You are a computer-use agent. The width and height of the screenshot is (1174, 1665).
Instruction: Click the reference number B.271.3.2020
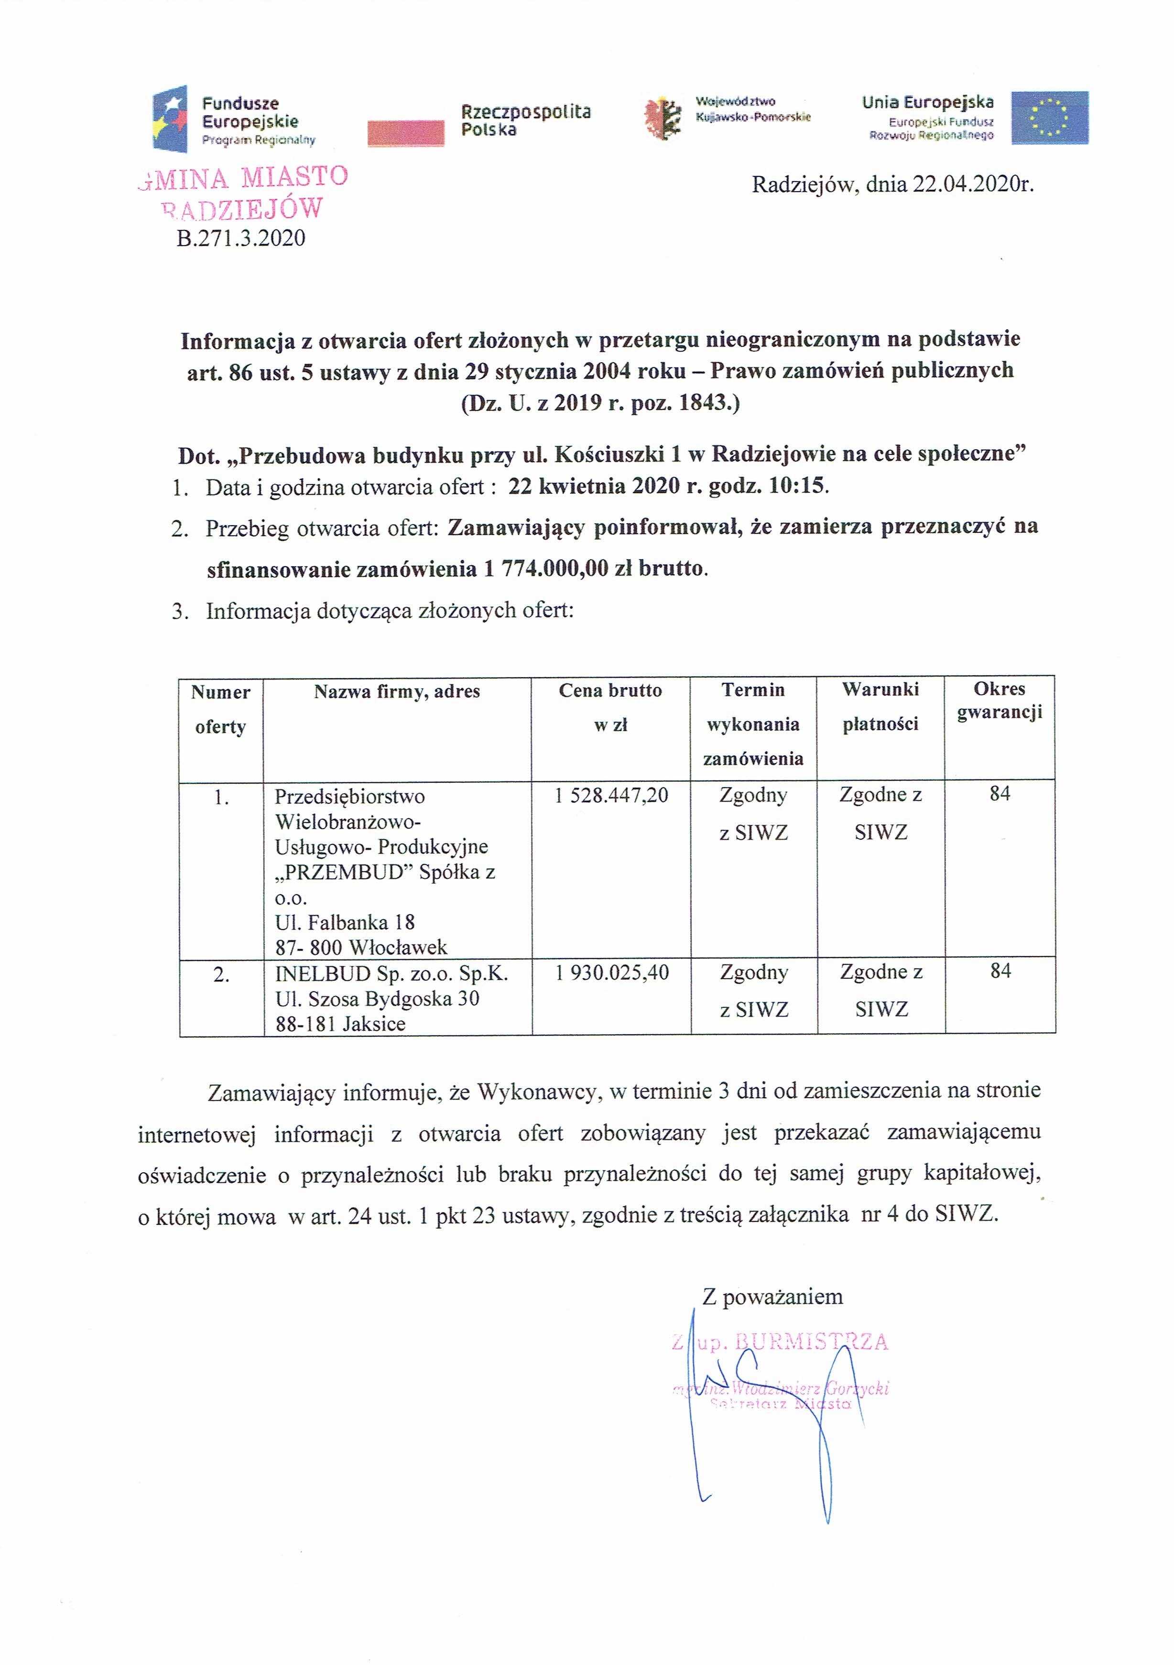coord(241,238)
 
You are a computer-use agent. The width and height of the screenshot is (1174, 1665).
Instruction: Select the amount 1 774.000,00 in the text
coord(545,569)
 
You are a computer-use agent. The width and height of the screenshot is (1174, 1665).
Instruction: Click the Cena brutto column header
coord(610,691)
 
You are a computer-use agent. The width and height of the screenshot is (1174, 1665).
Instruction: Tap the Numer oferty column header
coord(220,709)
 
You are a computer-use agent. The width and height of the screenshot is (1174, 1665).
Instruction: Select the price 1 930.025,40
coord(611,973)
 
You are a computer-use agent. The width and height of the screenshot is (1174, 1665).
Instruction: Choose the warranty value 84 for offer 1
coord(999,794)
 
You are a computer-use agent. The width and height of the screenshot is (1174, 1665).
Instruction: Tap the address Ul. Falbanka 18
coord(345,922)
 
